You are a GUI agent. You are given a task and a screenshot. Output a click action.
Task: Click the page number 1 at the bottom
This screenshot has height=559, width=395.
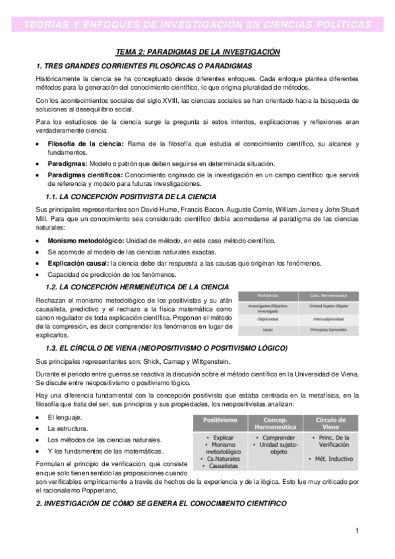(x=357, y=531)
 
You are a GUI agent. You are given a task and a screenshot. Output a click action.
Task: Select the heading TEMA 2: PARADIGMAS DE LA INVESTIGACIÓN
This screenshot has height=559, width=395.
(x=198, y=51)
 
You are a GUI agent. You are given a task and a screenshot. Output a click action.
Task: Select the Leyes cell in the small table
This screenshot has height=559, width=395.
(x=268, y=329)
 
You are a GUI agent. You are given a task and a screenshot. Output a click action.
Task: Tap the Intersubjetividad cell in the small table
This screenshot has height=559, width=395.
(x=328, y=318)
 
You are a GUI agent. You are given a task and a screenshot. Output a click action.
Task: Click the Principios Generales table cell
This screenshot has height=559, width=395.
(x=328, y=329)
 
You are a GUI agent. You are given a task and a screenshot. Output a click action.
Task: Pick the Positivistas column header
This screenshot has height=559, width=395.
(x=268, y=295)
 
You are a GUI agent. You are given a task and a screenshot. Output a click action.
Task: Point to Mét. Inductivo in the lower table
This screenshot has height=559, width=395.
(x=334, y=458)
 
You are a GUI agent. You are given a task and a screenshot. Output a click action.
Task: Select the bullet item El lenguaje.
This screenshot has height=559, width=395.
(x=65, y=417)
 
